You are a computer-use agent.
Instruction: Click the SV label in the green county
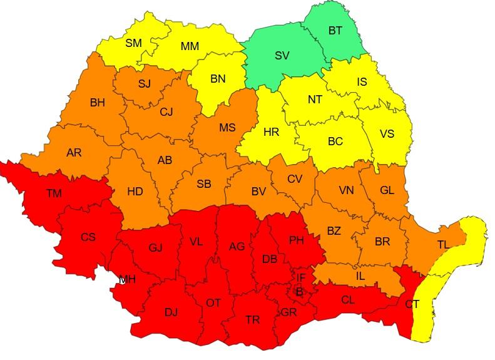click(x=282, y=56)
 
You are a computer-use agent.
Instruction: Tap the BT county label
click(x=335, y=30)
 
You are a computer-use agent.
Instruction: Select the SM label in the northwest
click(x=133, y=43)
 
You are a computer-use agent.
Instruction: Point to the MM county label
click(x=190, y=47)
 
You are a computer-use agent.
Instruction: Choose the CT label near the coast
click(x=412, y=304)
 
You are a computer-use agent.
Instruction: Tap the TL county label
click(x=443, y=244)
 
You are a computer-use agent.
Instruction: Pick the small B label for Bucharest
click(x=299, y=292)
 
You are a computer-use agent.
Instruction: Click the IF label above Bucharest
click(x=301, y=277)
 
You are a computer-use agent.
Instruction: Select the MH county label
click(x=127, y=279)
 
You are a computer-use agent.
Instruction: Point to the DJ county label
click(x=171, y=311)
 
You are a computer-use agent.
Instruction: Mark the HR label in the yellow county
click(x=271, y=132)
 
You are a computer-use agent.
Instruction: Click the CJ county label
click(x=166, y=113)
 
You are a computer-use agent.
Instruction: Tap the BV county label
click(x=258, y=192)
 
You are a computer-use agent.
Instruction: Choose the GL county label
click(x=387, y=190)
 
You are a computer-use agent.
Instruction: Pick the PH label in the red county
click(x=296, y=239)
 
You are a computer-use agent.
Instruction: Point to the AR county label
click(x=74, y=152)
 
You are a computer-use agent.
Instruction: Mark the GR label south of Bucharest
click(x=289, y=312)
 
